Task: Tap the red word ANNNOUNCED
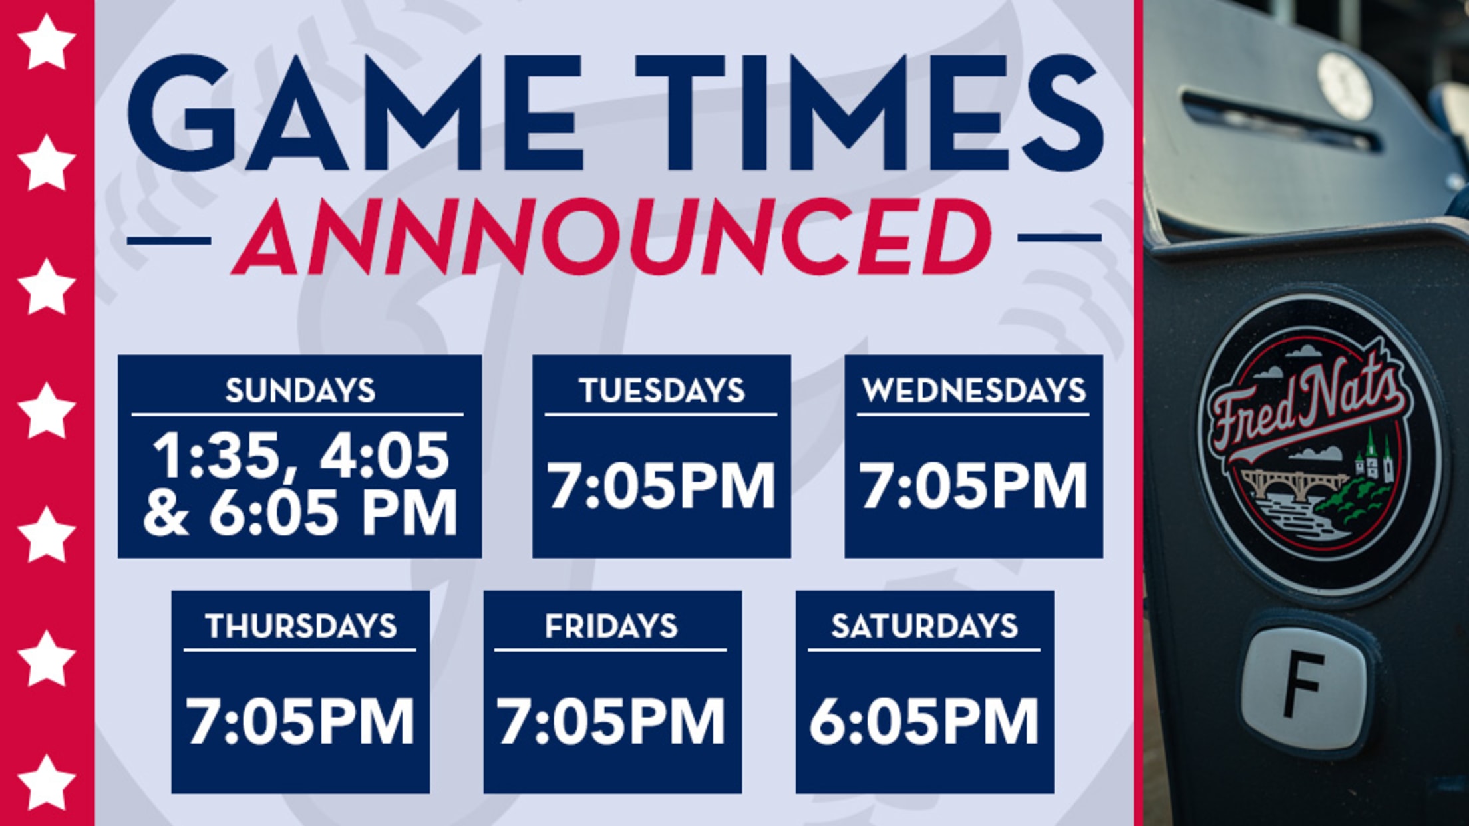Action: pyautogui.click(x=611, y=236)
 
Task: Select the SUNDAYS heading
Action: pyautogui.click(x=300, y=390)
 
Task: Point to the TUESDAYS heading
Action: pyautogui.click(x=662, y=390)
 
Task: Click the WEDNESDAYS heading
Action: pyautogui.click(x=974, y=390)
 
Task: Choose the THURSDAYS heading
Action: pyautogui.click(x=301, y=626)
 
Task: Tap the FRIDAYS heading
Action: pyautogui.click(x=611, y=626)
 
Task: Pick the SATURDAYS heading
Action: pyautogui.click(x=925, y=626)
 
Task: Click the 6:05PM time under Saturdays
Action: pyautogui.click(x=924, y=721)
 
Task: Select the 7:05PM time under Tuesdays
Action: pyautogui.click(x=662, y=485)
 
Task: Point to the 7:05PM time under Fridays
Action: pyautogui.click(x=611, y=721)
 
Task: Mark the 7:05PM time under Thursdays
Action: pyautogui.click(x=300, y=721)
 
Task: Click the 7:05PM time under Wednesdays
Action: pyautogui.click(x=974, y=485)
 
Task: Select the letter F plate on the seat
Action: pyautogui.click(x=1303, y=688)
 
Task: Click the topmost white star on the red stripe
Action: pyautogui.click(x=46, y=41)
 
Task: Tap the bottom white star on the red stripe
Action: pyautogui.click(x=46, y=783)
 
